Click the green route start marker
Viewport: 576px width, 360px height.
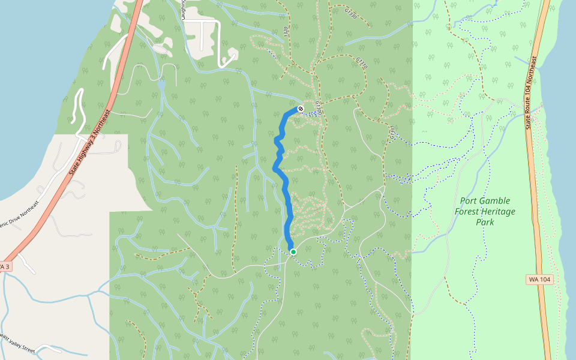click(293, 252)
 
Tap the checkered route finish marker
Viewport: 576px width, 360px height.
click(300, 109)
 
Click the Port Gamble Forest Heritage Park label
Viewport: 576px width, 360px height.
click(485, 212)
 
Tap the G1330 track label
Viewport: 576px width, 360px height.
click(351, 13)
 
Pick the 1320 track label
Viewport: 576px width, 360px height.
click(287, 31)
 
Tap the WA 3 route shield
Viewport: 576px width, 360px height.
click(4, 266)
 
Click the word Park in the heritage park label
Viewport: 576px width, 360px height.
click(485, 222)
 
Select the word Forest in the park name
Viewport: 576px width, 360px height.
click(471, 212)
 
